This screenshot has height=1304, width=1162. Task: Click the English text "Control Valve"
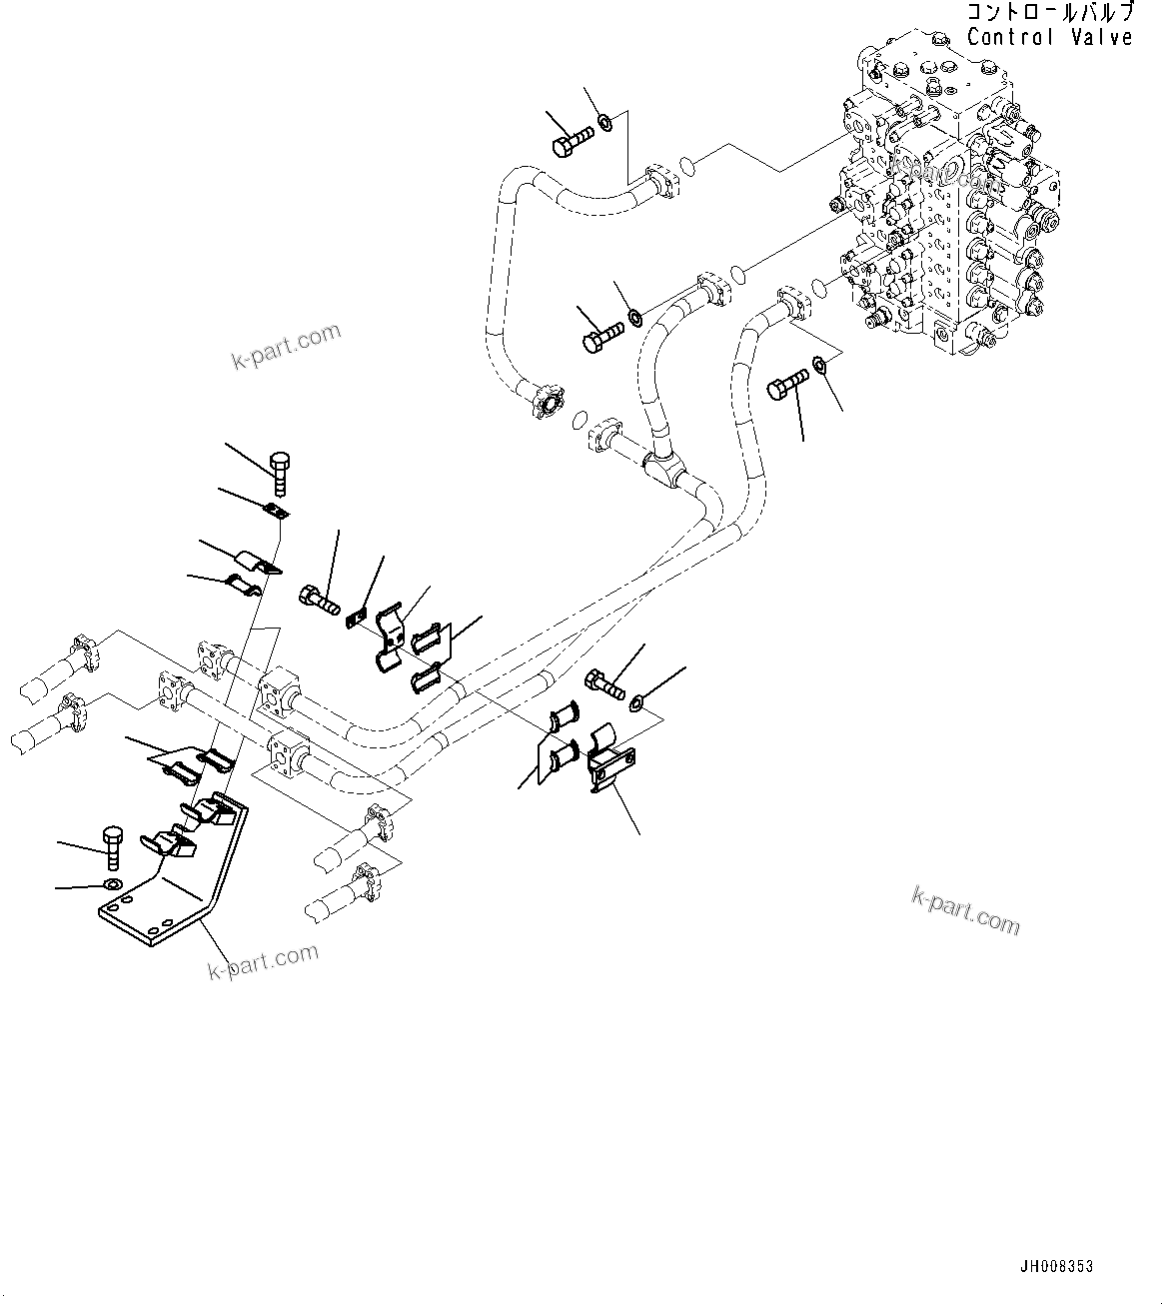pos(1049,37)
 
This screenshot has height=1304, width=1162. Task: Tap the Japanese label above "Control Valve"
pos(1049,13)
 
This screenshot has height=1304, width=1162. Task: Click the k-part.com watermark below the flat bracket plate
pos(263,961)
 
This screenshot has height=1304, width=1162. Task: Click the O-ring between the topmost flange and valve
pos(685,163)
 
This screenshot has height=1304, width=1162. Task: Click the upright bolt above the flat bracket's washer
pos(112,848)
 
